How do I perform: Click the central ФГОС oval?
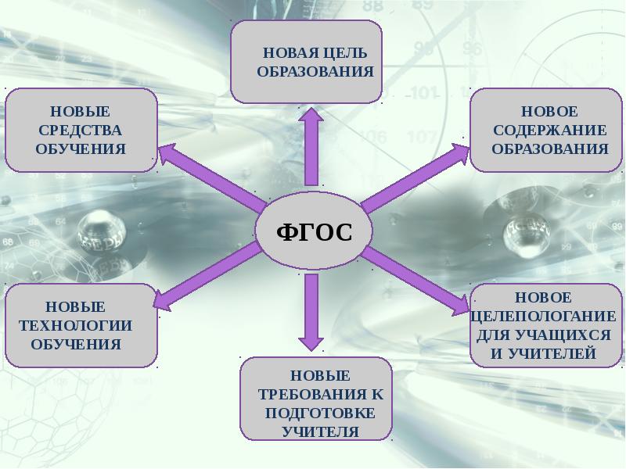(314, 231)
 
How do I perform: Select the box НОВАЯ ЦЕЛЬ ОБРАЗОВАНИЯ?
(306, 62)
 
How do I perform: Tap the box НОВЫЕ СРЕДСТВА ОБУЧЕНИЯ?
(81, 131)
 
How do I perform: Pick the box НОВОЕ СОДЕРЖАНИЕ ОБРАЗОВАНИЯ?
(546, 131)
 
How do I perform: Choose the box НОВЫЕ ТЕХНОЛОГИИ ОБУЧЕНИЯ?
(81, 325)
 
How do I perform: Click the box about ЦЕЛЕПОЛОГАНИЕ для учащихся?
(546, 325)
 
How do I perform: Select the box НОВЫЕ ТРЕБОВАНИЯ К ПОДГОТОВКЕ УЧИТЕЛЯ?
(316, 399)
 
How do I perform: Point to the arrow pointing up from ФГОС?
(311, 147)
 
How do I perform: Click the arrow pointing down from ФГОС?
(311, 312)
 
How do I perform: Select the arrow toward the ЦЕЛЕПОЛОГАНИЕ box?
(416, 281)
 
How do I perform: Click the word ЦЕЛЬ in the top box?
(345, 53)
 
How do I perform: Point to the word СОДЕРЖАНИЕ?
(550, 131)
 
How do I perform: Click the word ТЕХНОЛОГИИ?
(75, 325)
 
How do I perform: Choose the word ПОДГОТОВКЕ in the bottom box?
(320, 413)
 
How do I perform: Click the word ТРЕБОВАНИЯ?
(312, 395)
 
